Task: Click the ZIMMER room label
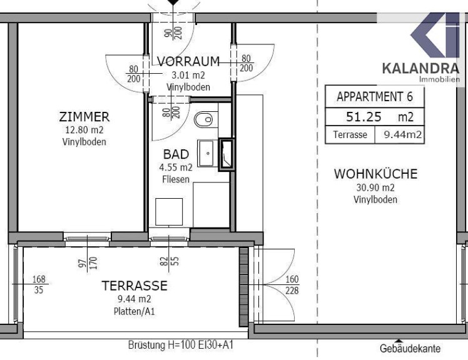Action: [x=84, y=117]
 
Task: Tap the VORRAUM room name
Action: [x=188, y=61]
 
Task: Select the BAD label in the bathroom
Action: [x=176, y=154]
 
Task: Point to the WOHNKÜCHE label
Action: [x=375, y=174]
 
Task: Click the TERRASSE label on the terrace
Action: [x=135, y=286]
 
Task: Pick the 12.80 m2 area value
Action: [x=84, y=130]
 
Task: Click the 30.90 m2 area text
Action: [x=375, y=187]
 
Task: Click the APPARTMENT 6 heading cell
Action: [x=375, y=97]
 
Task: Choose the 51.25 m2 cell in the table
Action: [x=375, y=117]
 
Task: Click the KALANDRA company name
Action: [x=420, y=68]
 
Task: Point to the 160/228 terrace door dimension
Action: [x=292, y=285]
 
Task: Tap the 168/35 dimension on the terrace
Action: [x=39, y=284]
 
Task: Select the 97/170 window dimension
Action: [x=88, y=262]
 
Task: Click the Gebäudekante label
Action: [x=410, y=348]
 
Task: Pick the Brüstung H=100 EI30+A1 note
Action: [x=181, y=345]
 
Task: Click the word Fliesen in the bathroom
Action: [x=176, y=179]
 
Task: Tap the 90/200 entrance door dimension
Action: [x=173, y=32]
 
